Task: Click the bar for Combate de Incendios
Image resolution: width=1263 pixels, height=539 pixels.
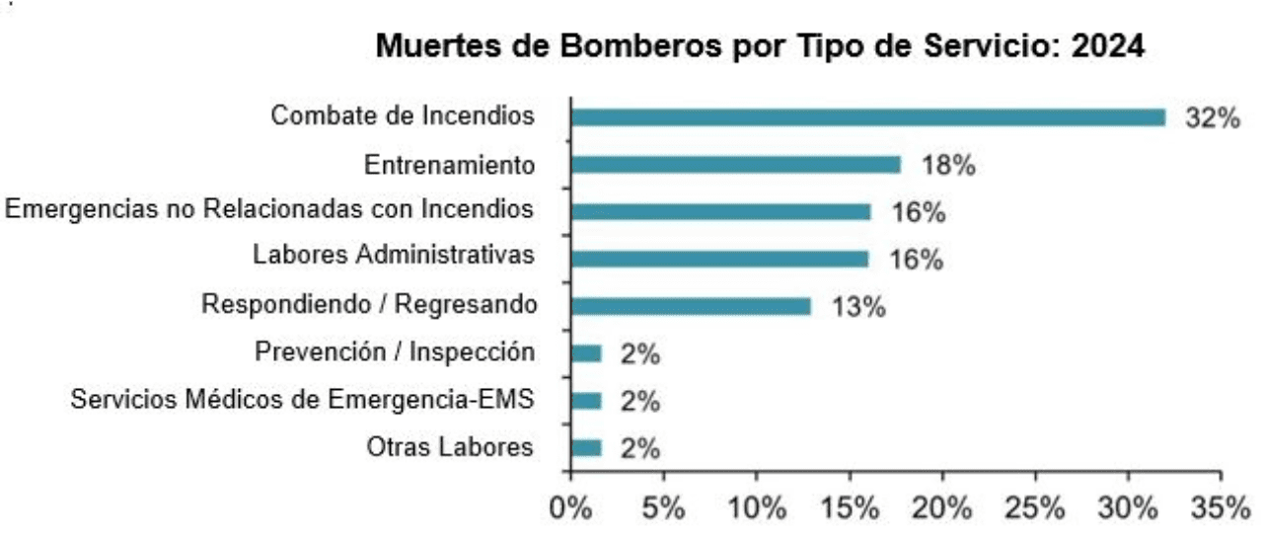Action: click(x=867, y=117)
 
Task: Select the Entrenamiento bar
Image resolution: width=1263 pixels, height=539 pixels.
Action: click(x=735, y=165)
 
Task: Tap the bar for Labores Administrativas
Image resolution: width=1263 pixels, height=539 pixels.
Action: click(x=719, y=259)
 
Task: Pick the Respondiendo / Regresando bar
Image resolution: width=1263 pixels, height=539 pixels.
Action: click(x=691, y=306)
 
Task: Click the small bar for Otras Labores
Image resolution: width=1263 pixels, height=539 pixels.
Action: click(x=586, y=448)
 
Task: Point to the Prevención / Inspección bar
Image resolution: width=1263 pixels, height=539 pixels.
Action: click(x=586, y=353)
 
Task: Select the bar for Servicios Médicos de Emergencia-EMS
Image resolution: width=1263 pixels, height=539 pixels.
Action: click(x=586, y=401)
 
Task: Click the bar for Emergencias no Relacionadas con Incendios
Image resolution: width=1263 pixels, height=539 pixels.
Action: click(x=720, y=211)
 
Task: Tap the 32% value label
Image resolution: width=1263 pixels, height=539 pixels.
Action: click(x=1212, y=118)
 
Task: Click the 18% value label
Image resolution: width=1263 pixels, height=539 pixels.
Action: click(x=948, y=166)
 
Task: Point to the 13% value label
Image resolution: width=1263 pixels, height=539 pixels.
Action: click(x=858, y=307)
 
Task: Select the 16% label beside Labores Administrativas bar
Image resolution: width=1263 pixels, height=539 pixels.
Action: click(x=917, y=260)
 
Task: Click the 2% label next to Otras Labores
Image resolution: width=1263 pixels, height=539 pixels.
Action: click(x=640, y=449)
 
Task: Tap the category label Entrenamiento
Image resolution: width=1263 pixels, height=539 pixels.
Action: click(x=450, y=165)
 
